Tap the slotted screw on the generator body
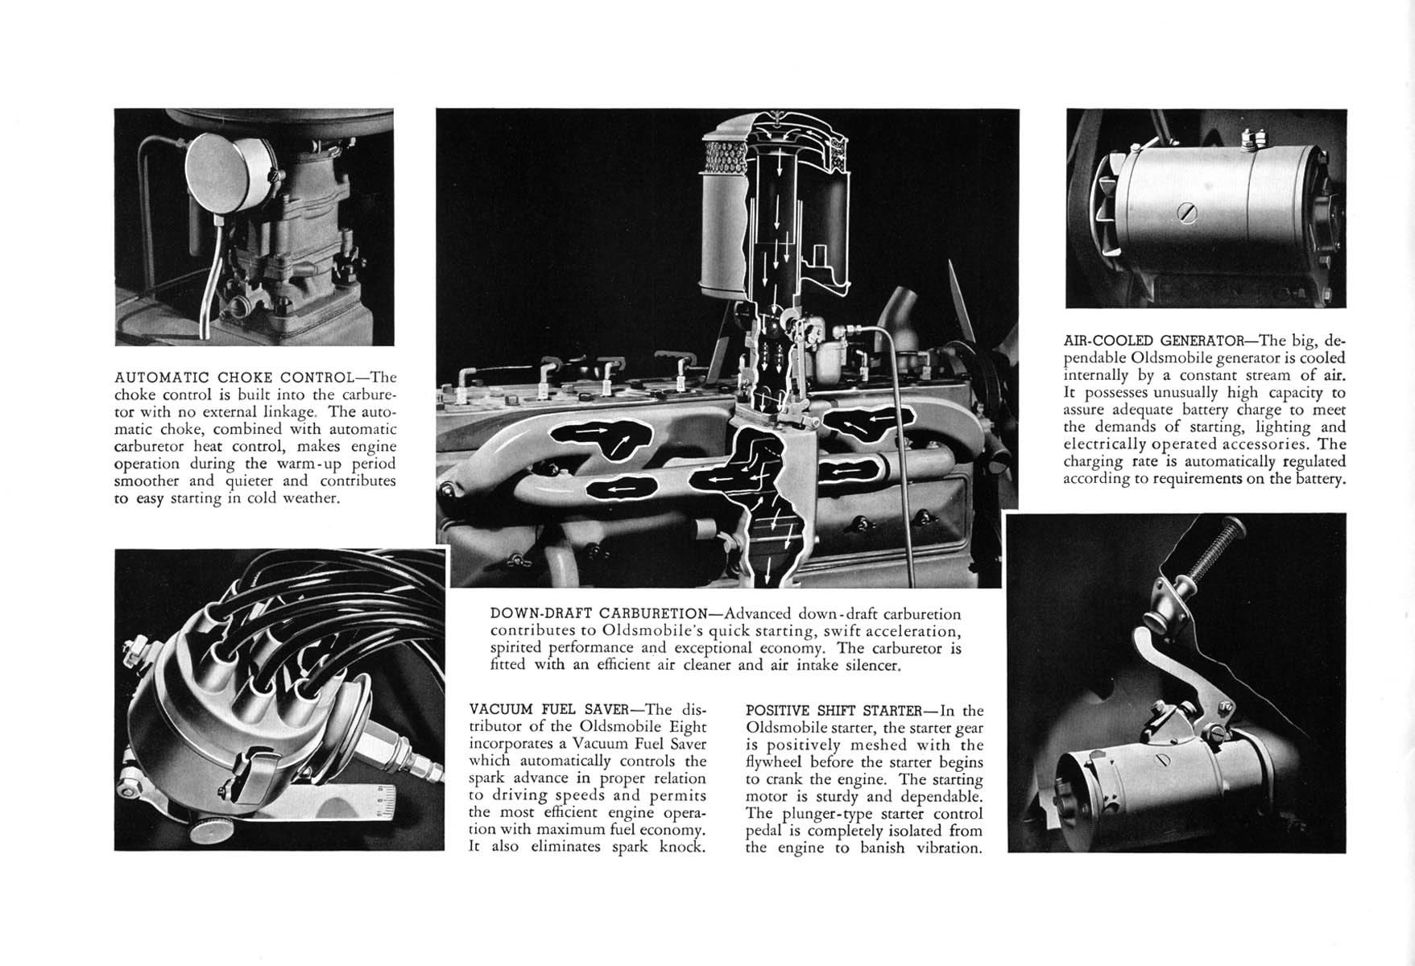point(1187,213)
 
